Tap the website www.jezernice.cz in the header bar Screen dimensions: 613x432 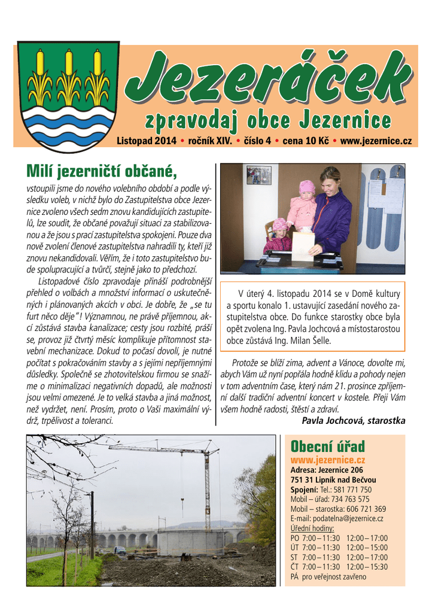(x=376, y=141)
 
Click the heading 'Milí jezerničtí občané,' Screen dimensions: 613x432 (x=102, y=172)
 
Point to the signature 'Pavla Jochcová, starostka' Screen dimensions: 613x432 (x=354, y=421)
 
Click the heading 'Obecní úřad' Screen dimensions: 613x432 (x=327, y=446)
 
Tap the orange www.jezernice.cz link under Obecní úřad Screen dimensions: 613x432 (x=327, y=460)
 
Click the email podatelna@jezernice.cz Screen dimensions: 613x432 (x=337, y=518)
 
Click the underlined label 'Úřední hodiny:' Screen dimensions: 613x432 (x=312, y=528)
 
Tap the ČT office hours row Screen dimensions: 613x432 (x=339, y=567)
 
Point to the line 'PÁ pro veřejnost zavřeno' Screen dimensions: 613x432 (x=328, y=576)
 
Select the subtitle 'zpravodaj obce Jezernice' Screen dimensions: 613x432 (x=268, y=120)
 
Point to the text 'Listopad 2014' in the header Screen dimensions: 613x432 (x=146, y=141)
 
